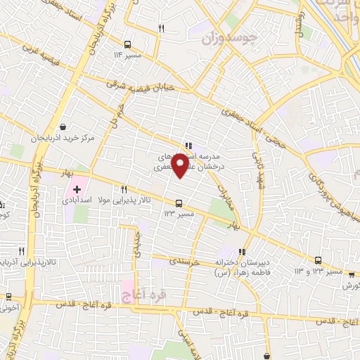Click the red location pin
pyautogui.click(x=180, y=166)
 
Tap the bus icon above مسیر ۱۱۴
pyautogui.click(x=127, y=43)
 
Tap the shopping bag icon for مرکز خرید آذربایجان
pyautogui.click(x=64, y=127)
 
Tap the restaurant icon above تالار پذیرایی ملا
pyautogui.click(x=124, y=188)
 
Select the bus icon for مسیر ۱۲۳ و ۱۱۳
pyautogui.click(x=318, y=259)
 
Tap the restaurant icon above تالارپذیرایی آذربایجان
pyautogui.click(x=22, y=250)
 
